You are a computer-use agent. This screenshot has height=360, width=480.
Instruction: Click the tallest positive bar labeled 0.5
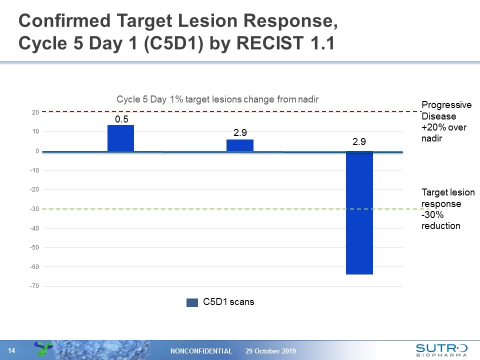click(120, 138)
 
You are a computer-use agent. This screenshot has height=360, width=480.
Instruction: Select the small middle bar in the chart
click(239, 145)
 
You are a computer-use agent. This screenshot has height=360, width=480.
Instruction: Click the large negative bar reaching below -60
click(359, 212)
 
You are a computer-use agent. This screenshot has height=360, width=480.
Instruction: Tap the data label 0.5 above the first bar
click(121, 119)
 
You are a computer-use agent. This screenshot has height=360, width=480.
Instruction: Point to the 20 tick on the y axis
click(35, 112)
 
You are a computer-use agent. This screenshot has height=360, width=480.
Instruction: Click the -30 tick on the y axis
click(33, 209)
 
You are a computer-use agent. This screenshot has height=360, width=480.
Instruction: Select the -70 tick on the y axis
click(33, 286)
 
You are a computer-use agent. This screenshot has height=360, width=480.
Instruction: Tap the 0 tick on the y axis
click(37, 151)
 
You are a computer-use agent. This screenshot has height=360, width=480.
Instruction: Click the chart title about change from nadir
click(217, 99)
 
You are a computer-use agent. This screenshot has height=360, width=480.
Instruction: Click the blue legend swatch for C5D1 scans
click(192, 302)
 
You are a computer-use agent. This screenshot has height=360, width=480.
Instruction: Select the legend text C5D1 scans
click(228, 302)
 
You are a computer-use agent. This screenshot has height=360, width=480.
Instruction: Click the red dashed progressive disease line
click(225, 111)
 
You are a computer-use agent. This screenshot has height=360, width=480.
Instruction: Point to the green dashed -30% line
click(225, 209)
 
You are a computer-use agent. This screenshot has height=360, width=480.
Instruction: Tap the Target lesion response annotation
click(448, 209)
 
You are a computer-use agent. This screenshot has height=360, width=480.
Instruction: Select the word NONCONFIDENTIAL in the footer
click(201, 351)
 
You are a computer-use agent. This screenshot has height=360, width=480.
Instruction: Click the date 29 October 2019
click(270, 351)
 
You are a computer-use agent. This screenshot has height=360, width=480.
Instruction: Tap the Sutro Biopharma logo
click(441, 349)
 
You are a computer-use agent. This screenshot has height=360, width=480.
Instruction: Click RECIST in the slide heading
click(265, 44)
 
